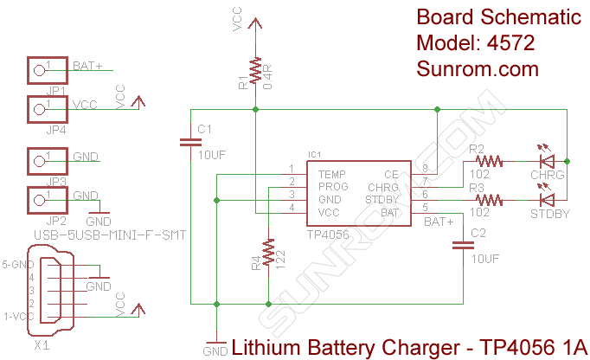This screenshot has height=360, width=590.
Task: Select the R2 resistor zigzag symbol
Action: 488,160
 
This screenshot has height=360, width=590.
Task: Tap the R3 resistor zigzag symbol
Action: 488,200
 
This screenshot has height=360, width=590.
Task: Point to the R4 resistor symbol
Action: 269,254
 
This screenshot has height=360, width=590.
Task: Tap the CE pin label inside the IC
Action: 391,174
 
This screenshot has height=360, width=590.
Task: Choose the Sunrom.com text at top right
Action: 477,68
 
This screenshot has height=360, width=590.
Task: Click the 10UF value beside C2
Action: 486,258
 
